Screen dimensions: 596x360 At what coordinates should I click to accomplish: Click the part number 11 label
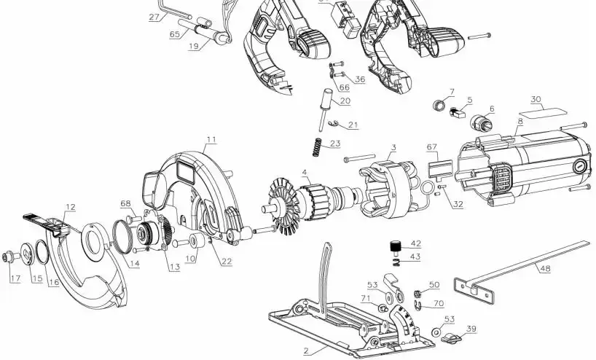pos(211,139)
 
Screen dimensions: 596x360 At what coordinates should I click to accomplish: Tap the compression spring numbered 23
pos(317,147)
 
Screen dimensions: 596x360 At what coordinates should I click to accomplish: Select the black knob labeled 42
pos(396,248)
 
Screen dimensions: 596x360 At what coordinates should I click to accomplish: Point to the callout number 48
pos(545,268)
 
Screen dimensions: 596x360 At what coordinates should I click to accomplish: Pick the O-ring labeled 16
pos(42,252)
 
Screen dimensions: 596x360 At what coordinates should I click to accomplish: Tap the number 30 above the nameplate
pos(536,100)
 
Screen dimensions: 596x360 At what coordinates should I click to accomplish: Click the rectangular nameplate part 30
pos(542,112)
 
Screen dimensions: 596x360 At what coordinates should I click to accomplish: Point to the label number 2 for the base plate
pos(307,351)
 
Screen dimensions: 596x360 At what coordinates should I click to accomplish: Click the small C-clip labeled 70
pos(417,304)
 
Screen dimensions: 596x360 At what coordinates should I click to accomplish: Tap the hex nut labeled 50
pos(417,294)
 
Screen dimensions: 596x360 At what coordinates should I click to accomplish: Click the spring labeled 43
pos(396,262)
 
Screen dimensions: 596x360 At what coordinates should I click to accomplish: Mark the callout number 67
pos(432,146)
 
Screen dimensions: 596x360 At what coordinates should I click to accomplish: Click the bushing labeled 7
pos(439,105)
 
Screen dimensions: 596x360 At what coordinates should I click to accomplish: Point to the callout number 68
pos(125,203)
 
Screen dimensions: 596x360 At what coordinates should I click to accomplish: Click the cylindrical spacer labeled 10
pos(197,241)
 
